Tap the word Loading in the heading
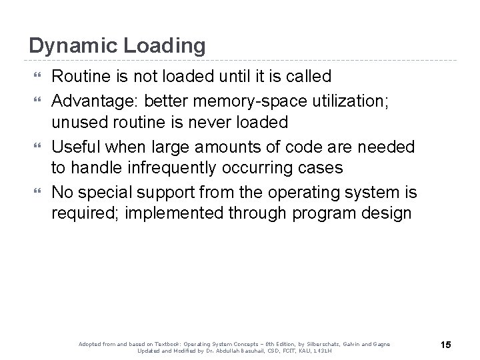pyautogui.click(x=163, y=46)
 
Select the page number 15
pyautogui.click(x=446, y=344)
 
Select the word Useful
pyautogui.click(x=77, y=146)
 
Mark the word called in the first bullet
pyautogui.click(x=308, y=77)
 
